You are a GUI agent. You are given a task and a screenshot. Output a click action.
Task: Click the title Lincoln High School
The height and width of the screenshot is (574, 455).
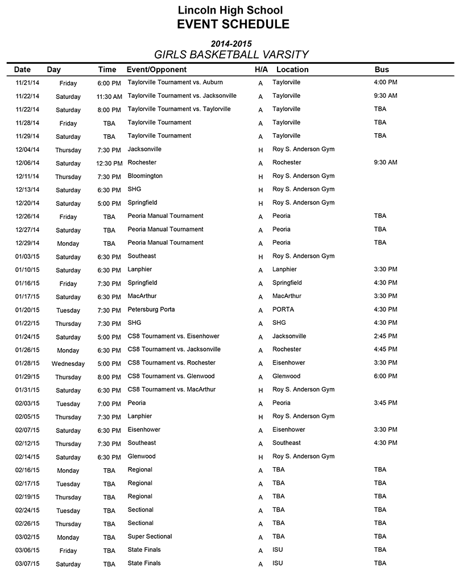pyautogui.click(x=230, y=10)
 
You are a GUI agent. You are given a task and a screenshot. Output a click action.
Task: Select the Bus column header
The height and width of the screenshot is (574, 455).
pyautogui.click(x=382, y=69)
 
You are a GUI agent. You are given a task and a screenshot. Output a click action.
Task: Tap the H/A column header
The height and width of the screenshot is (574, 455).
pyautogui.click(x=261, y=69)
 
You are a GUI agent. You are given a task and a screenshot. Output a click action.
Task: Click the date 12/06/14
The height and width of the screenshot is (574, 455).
pyautogui.click(x=27, y=163)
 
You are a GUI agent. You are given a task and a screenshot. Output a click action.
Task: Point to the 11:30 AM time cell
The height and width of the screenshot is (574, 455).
pyautogui.click(x=109, y=97)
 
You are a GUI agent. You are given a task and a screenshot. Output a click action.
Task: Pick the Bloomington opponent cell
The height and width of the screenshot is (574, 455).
pyautogui.click(x=145, y=176)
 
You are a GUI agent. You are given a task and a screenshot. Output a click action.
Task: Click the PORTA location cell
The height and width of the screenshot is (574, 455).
pyautogui.click(x=283, y=309)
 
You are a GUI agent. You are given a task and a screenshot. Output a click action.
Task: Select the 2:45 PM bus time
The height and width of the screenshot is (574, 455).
pyautogui.click(x=386, y=336)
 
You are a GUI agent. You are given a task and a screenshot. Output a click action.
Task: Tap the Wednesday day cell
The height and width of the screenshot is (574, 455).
pyautogui.click(x=68, y=364)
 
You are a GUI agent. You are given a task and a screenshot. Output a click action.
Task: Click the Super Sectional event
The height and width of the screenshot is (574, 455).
pyautogui.click(x=150, y=536)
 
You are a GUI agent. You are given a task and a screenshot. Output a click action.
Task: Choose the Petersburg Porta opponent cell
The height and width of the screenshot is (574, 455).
pyautogui.click(x=151, y=309)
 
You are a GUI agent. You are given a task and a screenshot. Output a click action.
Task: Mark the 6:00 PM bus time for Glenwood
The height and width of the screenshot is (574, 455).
pyautogui.click(x=386, y=376)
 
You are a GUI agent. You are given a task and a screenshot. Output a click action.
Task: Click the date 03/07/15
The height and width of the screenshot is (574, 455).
pyautogui.click(x=27, y=564)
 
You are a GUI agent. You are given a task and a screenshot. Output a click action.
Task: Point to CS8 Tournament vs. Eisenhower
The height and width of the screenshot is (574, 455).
pyautogui.click(x=173, y=336)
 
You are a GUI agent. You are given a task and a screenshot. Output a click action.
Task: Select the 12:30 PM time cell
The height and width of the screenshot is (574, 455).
pyautogui.click(x=109, y=163)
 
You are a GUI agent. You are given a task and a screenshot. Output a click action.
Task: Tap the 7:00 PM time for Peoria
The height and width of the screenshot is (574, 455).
pyautogui.click(x=109, y=404)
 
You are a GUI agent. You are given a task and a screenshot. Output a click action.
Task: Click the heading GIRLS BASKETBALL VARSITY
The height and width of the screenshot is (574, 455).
pyautogui.click(x=231, y=55)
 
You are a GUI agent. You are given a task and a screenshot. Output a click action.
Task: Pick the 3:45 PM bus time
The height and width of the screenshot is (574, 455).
pyautogui.click(x=386, y=403)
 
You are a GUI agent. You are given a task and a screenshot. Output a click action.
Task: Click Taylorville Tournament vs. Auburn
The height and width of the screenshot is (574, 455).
pyautogui.click(x=175, y=82)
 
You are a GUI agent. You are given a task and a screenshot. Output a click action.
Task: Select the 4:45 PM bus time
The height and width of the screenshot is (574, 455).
pyautogui.click(x=386, y=349)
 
